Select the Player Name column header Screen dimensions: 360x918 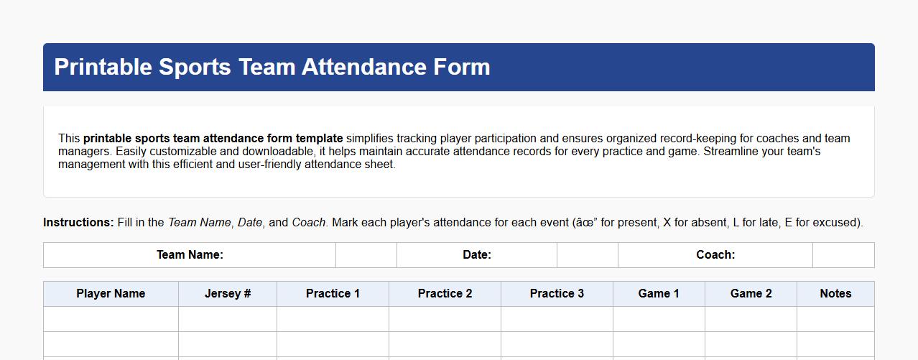(x=111, y=293)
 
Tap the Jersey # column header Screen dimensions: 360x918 (x=228, y=293)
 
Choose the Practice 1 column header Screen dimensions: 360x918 (x=333, y=293)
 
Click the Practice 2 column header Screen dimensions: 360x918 (x=445, y=293)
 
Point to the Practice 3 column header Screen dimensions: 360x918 (x=557, y=293)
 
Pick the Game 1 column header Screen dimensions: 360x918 (x=659, y=293)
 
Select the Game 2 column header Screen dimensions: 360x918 (x=751, y=293)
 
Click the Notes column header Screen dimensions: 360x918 (x=835, y=293)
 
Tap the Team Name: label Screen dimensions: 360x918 (x=190, y=254)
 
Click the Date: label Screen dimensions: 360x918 (x=477, y=254)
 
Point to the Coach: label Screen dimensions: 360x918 (x=715, y=254)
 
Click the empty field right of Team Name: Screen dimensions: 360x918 (x=366, y=254)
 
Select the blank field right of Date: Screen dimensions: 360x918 (x=588, y=254)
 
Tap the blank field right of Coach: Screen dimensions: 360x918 (x=843, y=254)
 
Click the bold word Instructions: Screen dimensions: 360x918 (x=78, y=223)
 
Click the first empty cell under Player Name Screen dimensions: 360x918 (x=111, y=319)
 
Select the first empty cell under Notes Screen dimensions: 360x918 (x=835, y=319)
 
